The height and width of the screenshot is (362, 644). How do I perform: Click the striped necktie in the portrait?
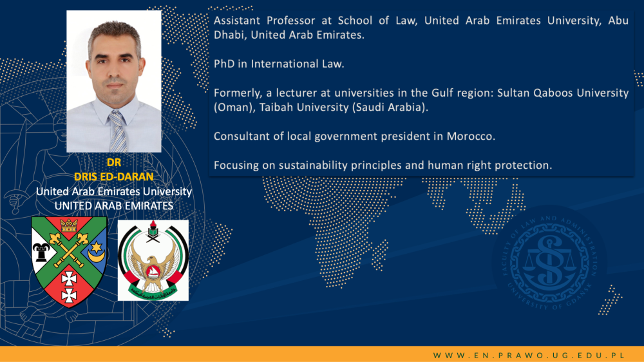(118, 131)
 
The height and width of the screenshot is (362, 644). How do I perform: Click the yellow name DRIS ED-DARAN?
(114, 176)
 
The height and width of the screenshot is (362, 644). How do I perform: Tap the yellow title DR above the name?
(114, 163)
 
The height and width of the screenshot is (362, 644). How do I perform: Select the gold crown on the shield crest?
(69, 225)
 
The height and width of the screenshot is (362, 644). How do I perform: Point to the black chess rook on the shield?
(41, 252)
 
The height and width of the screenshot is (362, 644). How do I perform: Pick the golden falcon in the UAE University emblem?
(153, 268)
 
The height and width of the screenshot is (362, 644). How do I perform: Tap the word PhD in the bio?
(224, 64)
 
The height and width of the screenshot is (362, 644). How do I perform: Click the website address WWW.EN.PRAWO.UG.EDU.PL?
(529, 356)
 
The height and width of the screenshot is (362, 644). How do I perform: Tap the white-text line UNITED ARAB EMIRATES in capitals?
(114, 206)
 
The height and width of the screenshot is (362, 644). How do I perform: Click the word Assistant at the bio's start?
(237, 21)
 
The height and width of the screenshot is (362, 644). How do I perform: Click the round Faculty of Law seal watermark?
(549, 263)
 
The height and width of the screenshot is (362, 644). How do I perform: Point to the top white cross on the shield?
(69, 280)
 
